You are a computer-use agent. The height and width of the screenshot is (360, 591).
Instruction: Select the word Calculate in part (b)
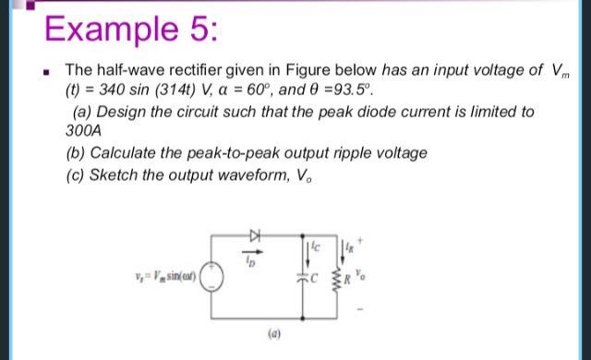point(125,152)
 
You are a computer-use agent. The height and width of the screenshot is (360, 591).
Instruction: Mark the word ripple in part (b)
point(359,152)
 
